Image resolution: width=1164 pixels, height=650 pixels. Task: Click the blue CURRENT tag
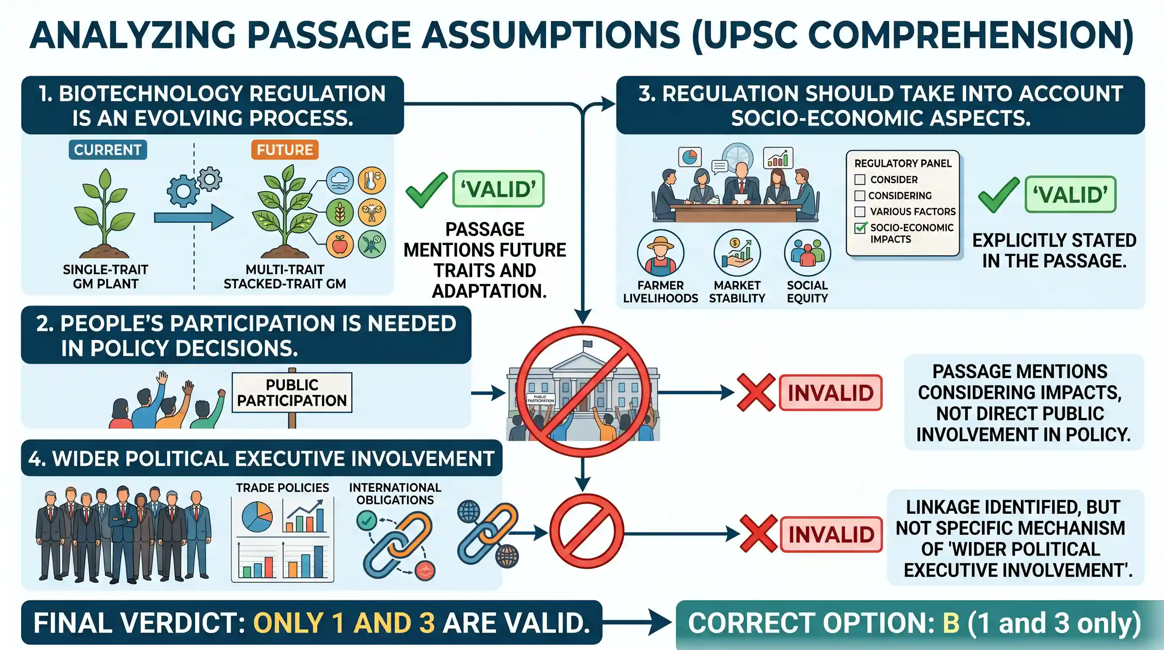(x=107, y=150)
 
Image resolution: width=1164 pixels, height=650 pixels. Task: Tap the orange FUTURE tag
(x=285, y=150)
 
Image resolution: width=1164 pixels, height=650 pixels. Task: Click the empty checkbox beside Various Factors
(x=860, y=212)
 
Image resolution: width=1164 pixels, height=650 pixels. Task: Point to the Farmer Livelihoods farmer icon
(x=661, y=253)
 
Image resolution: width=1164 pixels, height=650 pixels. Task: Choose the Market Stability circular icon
(x=737, y=253)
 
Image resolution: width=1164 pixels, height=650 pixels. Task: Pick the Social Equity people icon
(x=807, y=253)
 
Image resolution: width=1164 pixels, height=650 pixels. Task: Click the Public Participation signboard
(x=292, y=392)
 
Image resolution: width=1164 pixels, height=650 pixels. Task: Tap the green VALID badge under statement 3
(x=1071, y=194)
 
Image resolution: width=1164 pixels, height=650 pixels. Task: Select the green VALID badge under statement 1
(x=498, y=188)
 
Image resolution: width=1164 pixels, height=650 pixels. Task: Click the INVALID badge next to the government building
(x=831, y=392)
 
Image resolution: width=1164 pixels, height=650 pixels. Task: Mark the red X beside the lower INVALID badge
(x=759, y=534)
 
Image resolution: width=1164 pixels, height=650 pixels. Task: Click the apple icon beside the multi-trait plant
(x=339, y=245)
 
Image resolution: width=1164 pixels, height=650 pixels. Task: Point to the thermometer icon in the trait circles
(x=372, y=180)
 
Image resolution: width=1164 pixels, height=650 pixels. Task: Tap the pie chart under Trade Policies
(x=257, y=517)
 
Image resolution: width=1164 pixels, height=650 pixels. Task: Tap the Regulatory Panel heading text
(x=903, y=163)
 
